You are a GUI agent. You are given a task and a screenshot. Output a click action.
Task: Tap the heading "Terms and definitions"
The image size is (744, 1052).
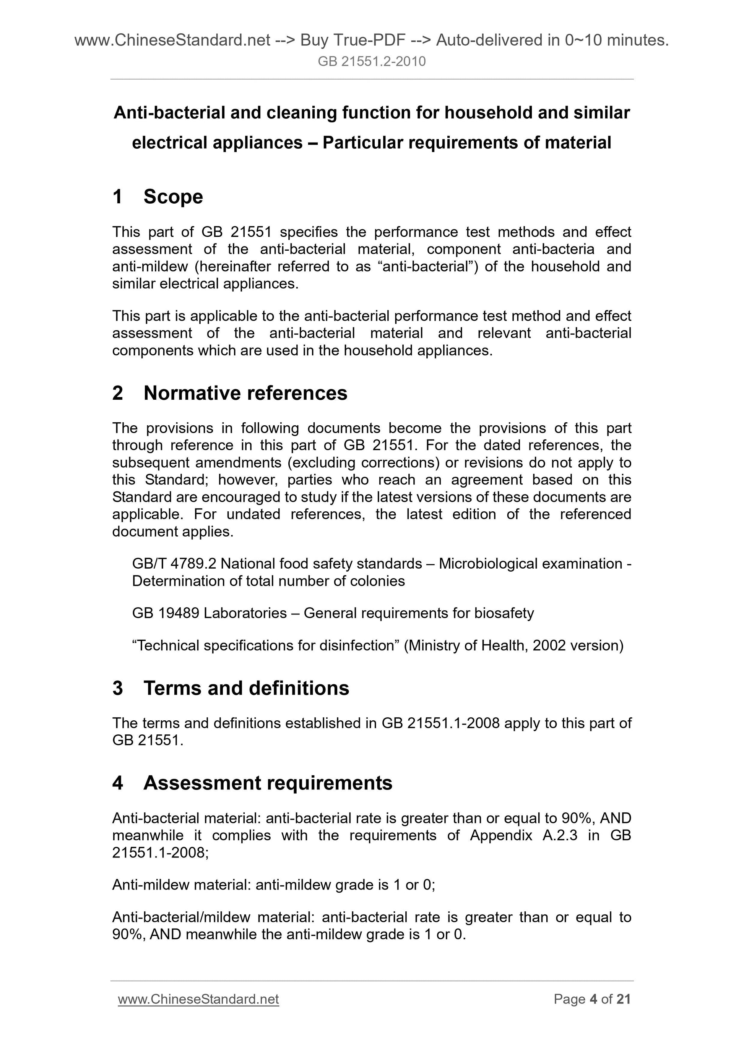click(x=246, y=688)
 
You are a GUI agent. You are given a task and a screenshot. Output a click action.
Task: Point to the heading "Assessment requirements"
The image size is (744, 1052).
click(x=268, y=783)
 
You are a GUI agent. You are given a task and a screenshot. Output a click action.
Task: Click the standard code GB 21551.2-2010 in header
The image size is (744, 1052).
click(x=372, y=62)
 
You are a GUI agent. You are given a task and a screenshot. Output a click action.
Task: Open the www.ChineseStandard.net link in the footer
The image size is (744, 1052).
click(x=198, y=999)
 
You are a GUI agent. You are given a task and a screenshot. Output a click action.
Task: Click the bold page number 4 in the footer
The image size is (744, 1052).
click(x=593, y=999)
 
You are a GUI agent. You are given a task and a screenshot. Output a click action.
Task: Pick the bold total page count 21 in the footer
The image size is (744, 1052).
click(x=624, y=999)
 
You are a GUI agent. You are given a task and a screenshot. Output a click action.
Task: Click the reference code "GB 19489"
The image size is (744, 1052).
click(x=166, y=613)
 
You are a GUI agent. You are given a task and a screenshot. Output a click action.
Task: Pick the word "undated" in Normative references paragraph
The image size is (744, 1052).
click(x=253, y=514)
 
